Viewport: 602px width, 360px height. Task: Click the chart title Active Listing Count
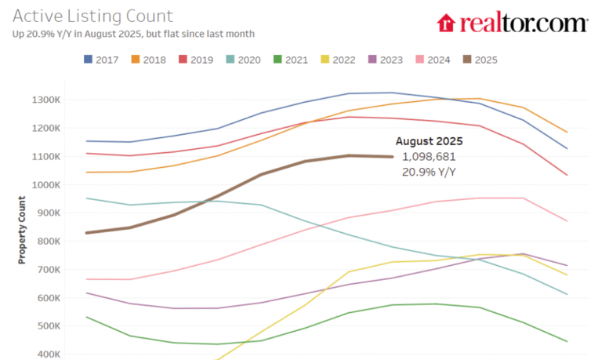click(x=92, y=16)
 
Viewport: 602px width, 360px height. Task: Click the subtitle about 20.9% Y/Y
click(x=133, y=34)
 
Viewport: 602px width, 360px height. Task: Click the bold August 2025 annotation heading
click(x=429, y=142)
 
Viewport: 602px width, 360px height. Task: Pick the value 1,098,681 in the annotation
click(x=429, y=157)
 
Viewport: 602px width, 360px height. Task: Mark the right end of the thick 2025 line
click(x=393, y=157)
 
